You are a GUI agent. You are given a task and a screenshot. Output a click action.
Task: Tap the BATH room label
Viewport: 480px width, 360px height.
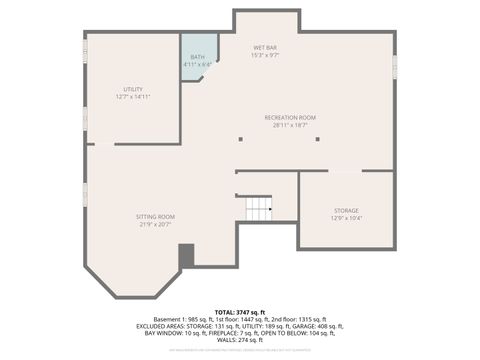point(198,57)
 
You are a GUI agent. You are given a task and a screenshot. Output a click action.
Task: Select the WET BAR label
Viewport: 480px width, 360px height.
point(265,47)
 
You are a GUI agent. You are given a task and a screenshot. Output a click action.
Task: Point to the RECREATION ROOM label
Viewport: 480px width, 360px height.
point(290,117)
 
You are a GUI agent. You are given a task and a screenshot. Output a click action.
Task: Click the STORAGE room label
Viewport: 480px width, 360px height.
point(346,210)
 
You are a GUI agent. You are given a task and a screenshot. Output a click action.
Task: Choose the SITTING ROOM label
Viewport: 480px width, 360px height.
point(155,216)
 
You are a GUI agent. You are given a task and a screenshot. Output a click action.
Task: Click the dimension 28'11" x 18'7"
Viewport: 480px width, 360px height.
point(290,125)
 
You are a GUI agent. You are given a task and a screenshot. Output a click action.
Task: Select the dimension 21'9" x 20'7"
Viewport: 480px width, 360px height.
point(155,224)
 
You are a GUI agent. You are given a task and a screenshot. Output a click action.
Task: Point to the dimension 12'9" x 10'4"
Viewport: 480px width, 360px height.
point(346,218)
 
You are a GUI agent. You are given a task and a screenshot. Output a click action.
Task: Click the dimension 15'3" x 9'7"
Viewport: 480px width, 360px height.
point(265,55)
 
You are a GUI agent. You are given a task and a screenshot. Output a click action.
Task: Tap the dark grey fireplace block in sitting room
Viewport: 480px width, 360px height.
point(186,256)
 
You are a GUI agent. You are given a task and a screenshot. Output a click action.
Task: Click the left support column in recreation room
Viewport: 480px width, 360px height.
point(241,139)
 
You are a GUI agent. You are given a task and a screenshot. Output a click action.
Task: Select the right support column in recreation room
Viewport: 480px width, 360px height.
point(317,139)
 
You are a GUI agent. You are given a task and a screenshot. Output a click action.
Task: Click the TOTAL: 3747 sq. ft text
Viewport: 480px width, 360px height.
point(239,312)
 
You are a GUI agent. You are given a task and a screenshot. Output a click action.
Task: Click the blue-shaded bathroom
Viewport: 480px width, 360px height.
point(197,65)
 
